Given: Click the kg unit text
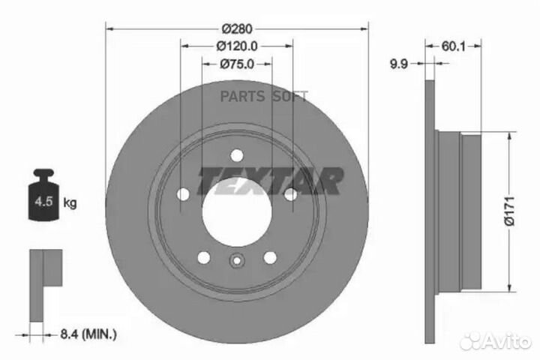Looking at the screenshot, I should click(x=70, y=202).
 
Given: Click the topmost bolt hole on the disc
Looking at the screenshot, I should click(x=237, y=155).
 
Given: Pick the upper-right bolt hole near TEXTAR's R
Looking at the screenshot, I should click(x=289, y=195).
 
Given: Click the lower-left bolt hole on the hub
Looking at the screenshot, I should click(x=204, y=257).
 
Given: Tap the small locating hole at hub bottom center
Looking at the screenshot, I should click(x=237, y=262).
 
